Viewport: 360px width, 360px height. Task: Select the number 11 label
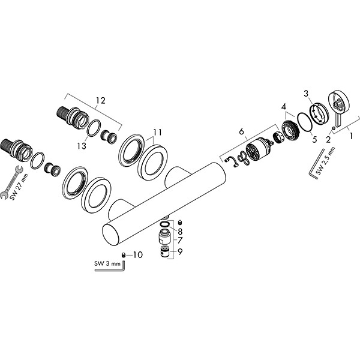[157, 132]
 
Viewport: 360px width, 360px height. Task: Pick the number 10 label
[138, 255]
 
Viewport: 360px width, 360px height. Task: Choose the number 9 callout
[179, 251]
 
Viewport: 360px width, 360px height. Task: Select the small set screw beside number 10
[124, 255]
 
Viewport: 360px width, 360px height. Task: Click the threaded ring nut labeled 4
[290, 131]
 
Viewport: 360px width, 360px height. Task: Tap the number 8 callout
[179, 230]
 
